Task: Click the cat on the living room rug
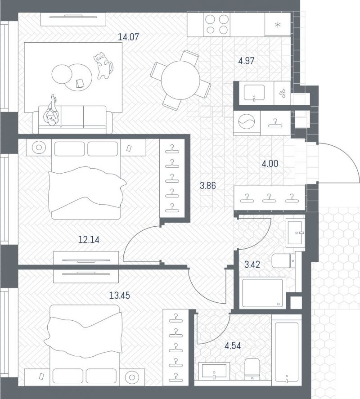[x=103, y=65]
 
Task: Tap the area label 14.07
[x=129, y=37]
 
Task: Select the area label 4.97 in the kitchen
[x=246, y=61]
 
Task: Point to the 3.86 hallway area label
[x=208, y=185]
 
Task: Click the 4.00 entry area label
[x=270, y=163]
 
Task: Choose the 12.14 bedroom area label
[x=89, y=239]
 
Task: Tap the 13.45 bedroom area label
[x=119, y=296]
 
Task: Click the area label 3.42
[x=252, y=265]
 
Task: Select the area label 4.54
[x=233, y=346]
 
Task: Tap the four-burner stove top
[x=217, y=24]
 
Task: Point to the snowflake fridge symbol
[x=278, y=25]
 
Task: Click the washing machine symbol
[x=247, y=122]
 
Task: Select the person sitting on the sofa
[x=53, y=111]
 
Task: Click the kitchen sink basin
[x=254, y=92]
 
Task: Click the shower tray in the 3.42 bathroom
[x=262, y=293]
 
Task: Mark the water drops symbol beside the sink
[x=282, y=93]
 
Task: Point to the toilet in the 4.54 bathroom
[x=252, y=369]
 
